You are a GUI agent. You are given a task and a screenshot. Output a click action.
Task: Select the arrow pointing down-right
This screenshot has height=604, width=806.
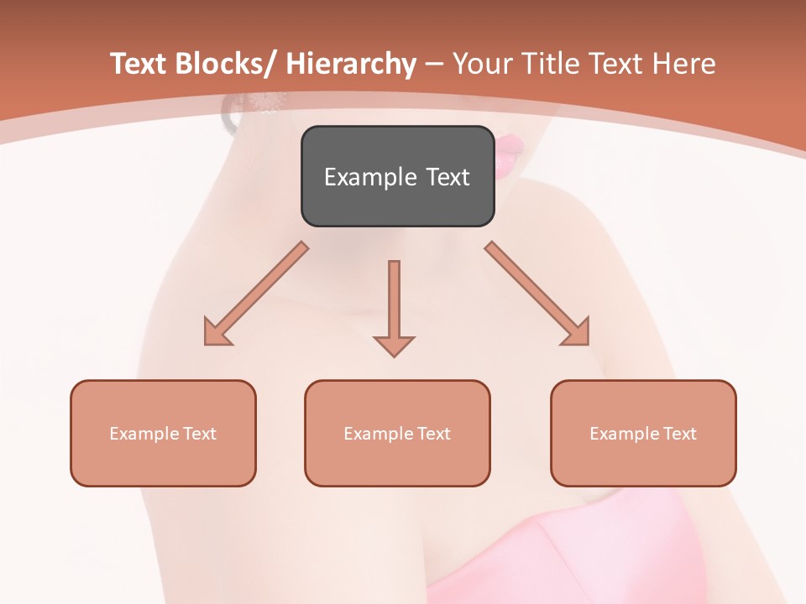537,294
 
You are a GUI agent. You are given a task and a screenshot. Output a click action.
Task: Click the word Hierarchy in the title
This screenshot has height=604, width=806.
351,64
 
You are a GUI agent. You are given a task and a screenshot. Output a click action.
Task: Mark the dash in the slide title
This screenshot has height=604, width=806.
434,65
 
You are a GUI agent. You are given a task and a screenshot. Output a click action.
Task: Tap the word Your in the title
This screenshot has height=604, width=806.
483,64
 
